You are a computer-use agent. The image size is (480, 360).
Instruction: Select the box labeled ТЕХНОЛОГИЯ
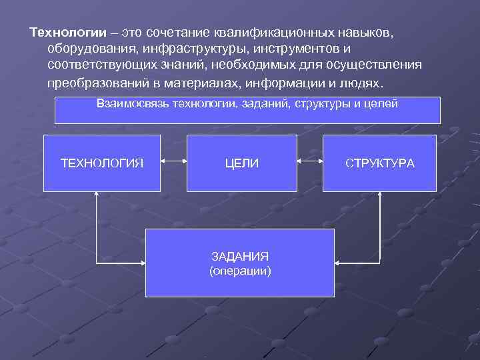[x=102, y=163]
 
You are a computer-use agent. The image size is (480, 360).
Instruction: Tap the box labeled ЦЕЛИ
[x=242, y=163]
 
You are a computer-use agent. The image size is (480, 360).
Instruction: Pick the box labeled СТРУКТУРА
[x=379, y=163]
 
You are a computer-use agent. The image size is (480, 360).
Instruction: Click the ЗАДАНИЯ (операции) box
[x=240, y=263]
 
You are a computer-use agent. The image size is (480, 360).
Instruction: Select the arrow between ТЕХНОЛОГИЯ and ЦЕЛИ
[x=173, y=161]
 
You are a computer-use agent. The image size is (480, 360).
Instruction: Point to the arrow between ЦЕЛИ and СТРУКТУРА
[x=310, y=161]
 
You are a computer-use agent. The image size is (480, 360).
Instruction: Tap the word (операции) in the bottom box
[x=240, y=271]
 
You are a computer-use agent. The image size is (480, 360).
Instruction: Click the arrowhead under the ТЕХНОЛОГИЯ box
[x=97, y=194]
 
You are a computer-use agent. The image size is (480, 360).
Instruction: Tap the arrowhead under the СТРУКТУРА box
[x=380, y=194]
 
